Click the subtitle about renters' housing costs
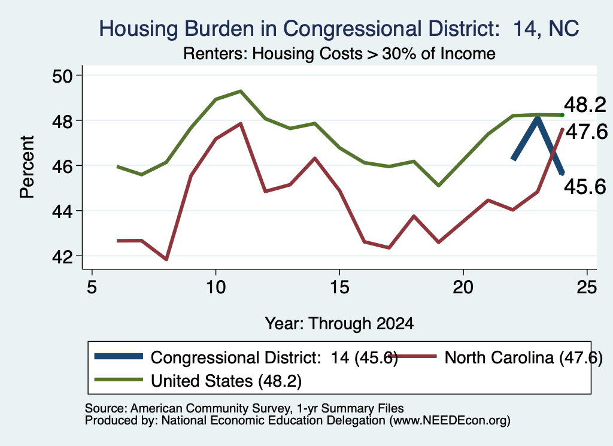pyautogui.click(x=339, y=53)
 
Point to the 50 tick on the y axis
pyautogui.click(x=62, y=75)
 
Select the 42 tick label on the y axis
pyautogui.click(x=62, y=256)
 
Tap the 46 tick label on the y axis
pyautogui.click(x=62, y=166)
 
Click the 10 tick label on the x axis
pyautogui.click(x=216, y=287)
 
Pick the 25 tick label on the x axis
pyautogui.click(x=587, y=287)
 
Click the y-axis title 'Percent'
pyautogui.click(x=27, y=167)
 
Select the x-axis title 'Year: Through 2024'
pyautogui.click(x=339, y=324)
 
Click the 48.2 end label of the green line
pyautogui.click(x=585, y=105)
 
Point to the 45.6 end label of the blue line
pyautogui.click(x=585, y=187)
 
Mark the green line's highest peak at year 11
pyautogui.click(x=241, y=91)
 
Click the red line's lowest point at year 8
pyautogui.click(x=166, y=259)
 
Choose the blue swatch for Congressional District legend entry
pyautogui.click(x=119, y=356)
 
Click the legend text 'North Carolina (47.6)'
pyautogui.click(x=524, y=357)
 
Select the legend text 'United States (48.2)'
pyautogui.click(x=226, y=381)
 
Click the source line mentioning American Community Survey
pyautogui.click(x=244, y=408)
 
